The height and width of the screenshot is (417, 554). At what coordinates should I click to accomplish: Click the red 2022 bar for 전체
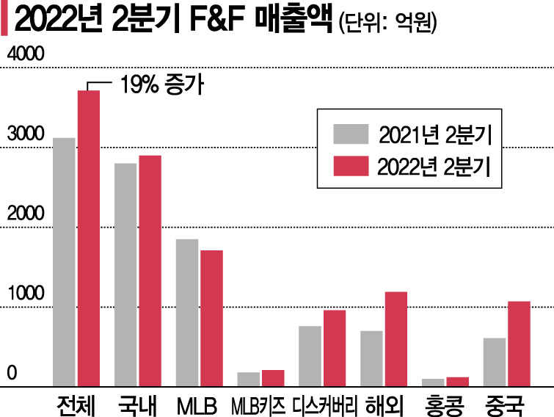pos(89,238)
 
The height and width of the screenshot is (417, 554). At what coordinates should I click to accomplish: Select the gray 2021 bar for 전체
pos(65,261)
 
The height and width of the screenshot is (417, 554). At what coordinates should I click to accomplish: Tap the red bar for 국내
pos(150,270)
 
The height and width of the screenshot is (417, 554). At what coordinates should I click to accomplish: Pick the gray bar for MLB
pos(187,312)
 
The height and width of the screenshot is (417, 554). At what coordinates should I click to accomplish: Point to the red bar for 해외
pos(396,338)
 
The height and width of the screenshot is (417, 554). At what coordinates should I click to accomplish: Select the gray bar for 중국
pos(494,361)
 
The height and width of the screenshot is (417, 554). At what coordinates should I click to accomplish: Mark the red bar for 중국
pos(519,343)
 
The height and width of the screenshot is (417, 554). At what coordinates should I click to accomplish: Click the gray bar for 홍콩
pos(433,382)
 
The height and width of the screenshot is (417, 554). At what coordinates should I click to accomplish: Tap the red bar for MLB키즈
pos(273,377)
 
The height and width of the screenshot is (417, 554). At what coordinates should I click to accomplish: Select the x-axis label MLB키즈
pos(259,404)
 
